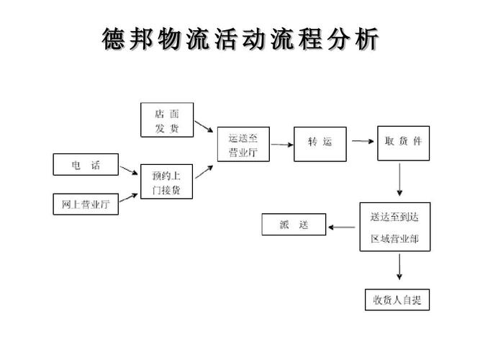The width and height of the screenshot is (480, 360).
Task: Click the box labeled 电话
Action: [86, 165]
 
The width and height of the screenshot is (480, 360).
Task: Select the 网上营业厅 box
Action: [86, 204]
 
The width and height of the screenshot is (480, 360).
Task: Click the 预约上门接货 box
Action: [166, 183]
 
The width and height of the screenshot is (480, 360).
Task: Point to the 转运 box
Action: [320, 143]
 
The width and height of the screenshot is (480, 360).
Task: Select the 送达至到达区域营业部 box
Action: [394, 226]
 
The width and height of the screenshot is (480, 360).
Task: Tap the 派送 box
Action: [293, 225]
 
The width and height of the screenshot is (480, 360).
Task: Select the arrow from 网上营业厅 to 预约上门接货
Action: [130, 198]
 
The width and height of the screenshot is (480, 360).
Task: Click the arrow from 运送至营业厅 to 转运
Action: [281, 145]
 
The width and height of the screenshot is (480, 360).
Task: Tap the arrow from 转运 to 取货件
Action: [361, 143]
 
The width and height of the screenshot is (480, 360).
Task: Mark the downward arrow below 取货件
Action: [399, 180]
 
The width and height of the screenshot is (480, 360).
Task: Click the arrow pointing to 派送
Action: [343, 227]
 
